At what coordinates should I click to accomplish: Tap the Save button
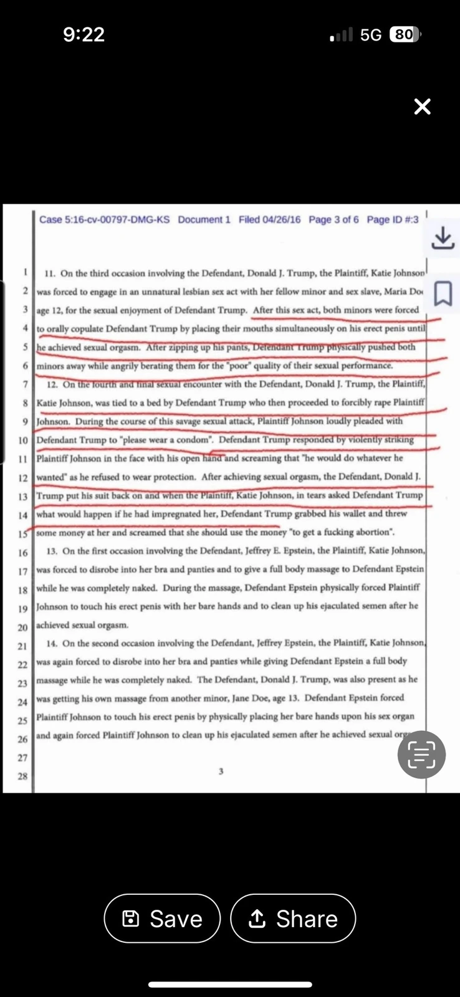(x=162, y=918)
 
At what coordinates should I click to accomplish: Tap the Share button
(x=293, y=918)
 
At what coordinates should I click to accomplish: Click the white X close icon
(x=422, y=107)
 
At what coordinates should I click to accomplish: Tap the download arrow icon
(x=443, y=237)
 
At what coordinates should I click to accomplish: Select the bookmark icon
(x=443, y=293)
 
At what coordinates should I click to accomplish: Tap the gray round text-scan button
(x=421, y=755)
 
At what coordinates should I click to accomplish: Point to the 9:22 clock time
(x=84, y=34)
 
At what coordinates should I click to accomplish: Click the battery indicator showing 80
(x=404, y=34)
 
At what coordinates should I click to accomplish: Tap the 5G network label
(x=371, y=35)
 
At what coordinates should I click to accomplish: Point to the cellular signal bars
(x=342, y=35)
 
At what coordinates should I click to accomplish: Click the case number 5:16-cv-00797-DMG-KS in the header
(x=104, y=219)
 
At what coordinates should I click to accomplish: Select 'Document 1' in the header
(x=204, y=219)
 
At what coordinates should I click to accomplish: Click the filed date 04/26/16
(x=269, y=219)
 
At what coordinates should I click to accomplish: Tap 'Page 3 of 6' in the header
(x=333, y=219)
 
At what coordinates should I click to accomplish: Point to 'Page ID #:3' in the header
(x=393, y=219)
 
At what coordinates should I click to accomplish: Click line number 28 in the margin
(x=22, y=776)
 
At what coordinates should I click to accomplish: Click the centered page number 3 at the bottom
(x=221, y=771)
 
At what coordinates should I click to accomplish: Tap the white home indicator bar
(x=230, y=985)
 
